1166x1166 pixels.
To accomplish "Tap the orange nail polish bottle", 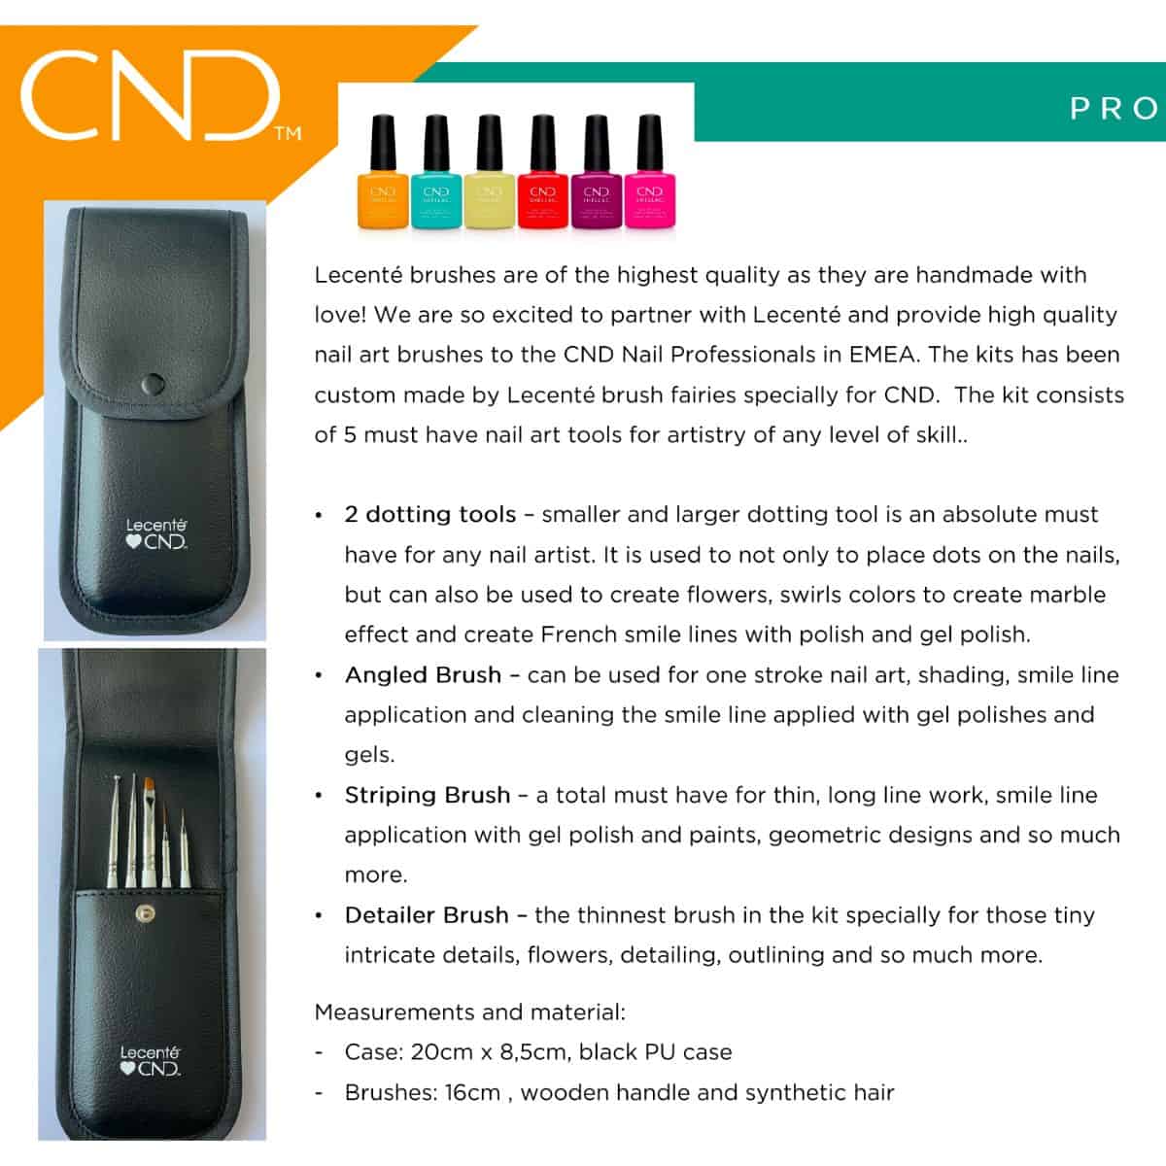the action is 383,172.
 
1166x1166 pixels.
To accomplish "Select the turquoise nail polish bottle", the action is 435,172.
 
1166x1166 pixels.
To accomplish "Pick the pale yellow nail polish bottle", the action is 489,172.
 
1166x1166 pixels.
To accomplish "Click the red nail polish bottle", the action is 543,172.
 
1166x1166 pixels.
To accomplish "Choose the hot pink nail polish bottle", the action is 649,172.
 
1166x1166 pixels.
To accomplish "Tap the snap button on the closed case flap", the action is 152,384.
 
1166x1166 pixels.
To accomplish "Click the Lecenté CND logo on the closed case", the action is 156,533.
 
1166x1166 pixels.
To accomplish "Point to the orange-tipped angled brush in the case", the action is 149,833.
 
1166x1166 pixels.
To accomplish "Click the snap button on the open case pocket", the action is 145,913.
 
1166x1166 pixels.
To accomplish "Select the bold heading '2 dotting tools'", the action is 430,514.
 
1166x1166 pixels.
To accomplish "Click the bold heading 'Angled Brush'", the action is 423,675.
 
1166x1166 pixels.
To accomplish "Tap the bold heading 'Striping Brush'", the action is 428,795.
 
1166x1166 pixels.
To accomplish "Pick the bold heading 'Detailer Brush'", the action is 427,915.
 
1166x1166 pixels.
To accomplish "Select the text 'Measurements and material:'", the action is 469,1012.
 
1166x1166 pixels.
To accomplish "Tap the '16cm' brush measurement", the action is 472,1093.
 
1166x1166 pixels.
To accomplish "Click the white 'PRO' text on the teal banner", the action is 1115,109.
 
